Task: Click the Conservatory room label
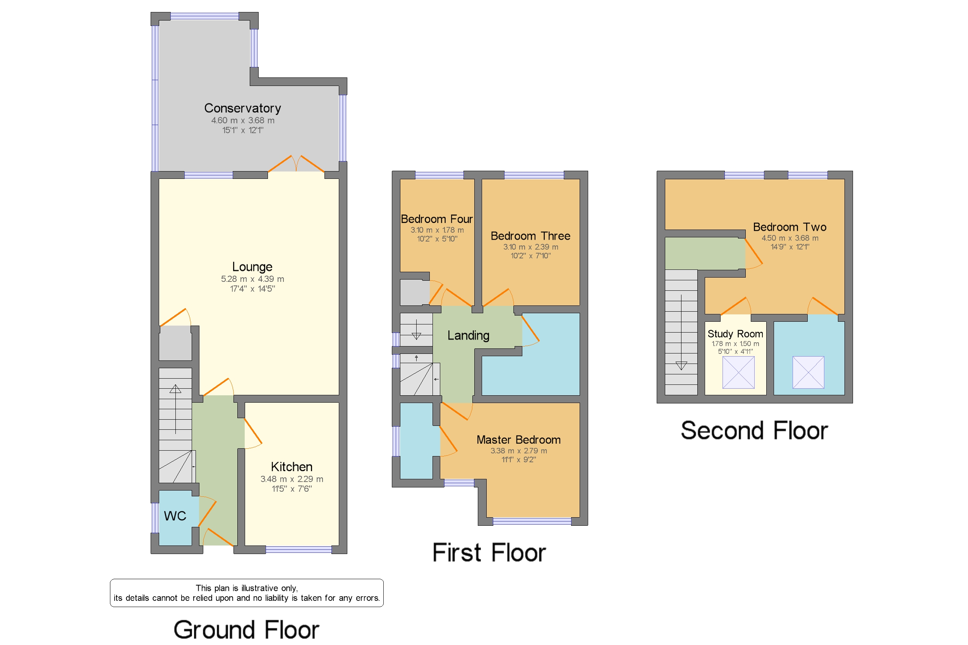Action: click(242, 108)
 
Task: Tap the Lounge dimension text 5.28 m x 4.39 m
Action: click(252, 279)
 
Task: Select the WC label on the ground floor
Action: click(175, 516)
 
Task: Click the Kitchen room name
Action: click(291, 467)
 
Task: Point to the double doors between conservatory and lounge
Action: click(296, 164)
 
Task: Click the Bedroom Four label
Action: click(436, 219)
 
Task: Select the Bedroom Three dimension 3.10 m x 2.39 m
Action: click(530, 247)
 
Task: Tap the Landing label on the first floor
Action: click(468, 335)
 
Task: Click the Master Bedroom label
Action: click(518, 440)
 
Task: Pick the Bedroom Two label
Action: click(789, 227)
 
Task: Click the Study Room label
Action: click(735, 334)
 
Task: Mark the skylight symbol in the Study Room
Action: click(738, 372)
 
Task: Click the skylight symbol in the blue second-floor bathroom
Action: click(808, 372)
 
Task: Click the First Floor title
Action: click(489, 552)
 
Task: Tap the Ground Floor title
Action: click(246, 630)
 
